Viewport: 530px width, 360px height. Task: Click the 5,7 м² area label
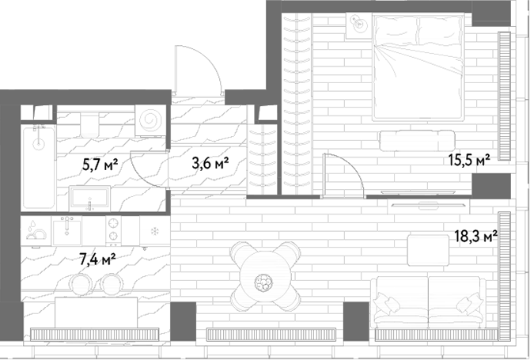(x=100, y=165)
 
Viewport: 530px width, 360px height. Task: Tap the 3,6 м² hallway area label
(x=210, y=163)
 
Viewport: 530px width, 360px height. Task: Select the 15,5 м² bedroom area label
(x=469, y=160)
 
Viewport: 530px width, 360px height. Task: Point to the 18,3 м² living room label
(x=476, y=237)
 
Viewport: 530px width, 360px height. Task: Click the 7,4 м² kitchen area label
(x=97, y=260)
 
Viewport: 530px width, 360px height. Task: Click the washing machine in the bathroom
(x=151, y=120)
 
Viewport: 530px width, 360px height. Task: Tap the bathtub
(x=39, y=167)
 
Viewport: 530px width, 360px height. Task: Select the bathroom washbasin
(x=89, y=199)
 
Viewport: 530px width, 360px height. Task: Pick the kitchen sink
(x=67, y=231)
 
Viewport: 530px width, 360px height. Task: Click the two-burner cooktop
(x=114, y=230)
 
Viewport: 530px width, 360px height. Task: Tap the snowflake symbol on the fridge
(x=155, y=232)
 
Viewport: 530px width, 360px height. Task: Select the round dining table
(x=265, y=276)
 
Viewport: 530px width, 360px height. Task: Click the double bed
(x=418, y=67)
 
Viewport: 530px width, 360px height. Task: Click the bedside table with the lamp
(x=358, y=25)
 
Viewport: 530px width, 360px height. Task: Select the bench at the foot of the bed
(x=417, y=141)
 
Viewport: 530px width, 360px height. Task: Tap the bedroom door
(x=343, y=175)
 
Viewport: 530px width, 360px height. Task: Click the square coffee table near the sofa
(x=428, y=250)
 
